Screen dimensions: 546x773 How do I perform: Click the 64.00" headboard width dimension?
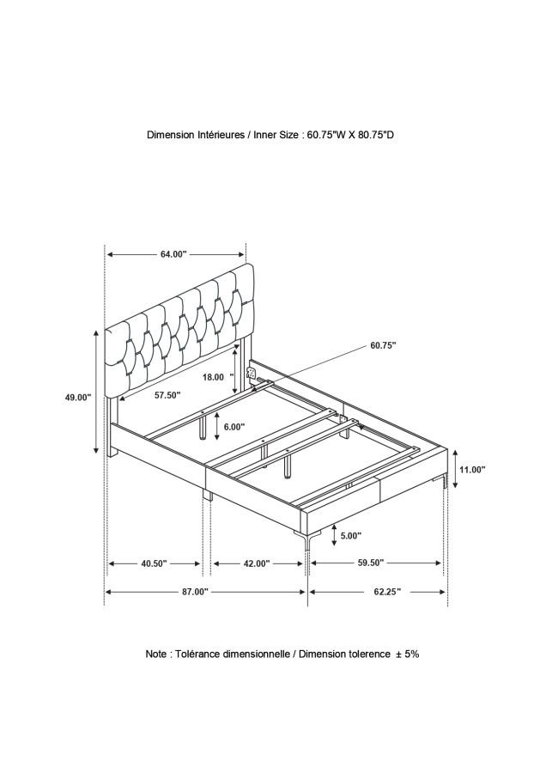pos(173,254)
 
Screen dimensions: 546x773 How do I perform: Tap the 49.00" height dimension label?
pos(78,398)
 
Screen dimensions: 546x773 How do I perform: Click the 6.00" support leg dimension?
pos(234,427)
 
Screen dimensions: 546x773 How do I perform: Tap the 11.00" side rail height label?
pos(472,470)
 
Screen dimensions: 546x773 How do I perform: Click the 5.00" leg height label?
pos(351,535)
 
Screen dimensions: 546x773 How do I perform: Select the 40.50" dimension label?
pos(155,563)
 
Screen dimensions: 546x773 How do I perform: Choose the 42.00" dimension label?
pos(256,563)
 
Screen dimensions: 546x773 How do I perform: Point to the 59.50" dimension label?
pos(371,563)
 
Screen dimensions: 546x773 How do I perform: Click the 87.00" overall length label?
pos(195,592)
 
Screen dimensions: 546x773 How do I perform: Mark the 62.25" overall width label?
pos(387,592)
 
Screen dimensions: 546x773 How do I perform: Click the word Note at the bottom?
pos(155,654)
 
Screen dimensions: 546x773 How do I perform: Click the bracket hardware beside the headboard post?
pos(251,371)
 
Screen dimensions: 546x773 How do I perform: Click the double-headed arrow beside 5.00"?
pos(334,535)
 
